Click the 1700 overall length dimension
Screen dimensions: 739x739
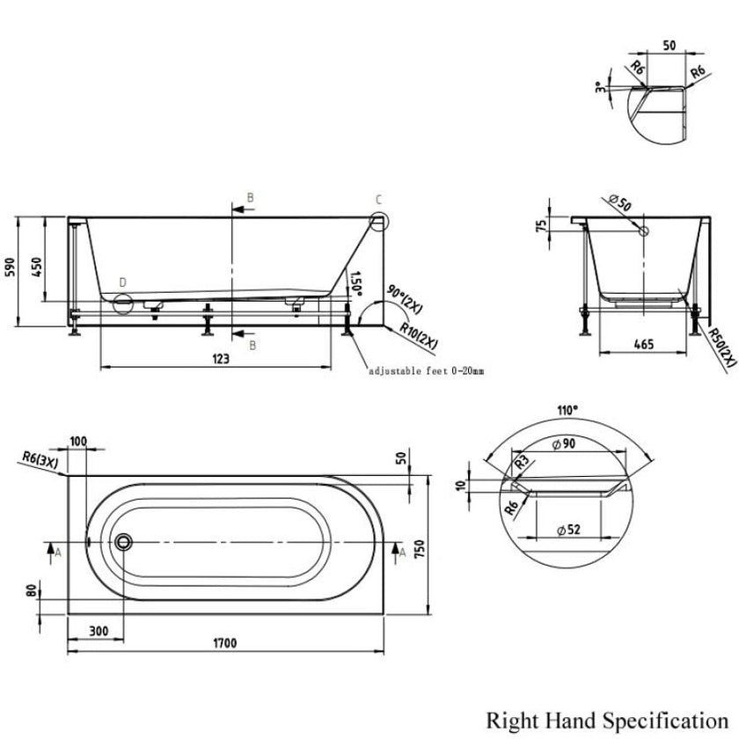coord(226,643)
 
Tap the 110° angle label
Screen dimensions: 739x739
coord(567,409)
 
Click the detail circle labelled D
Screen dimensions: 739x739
coord(122,304)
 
